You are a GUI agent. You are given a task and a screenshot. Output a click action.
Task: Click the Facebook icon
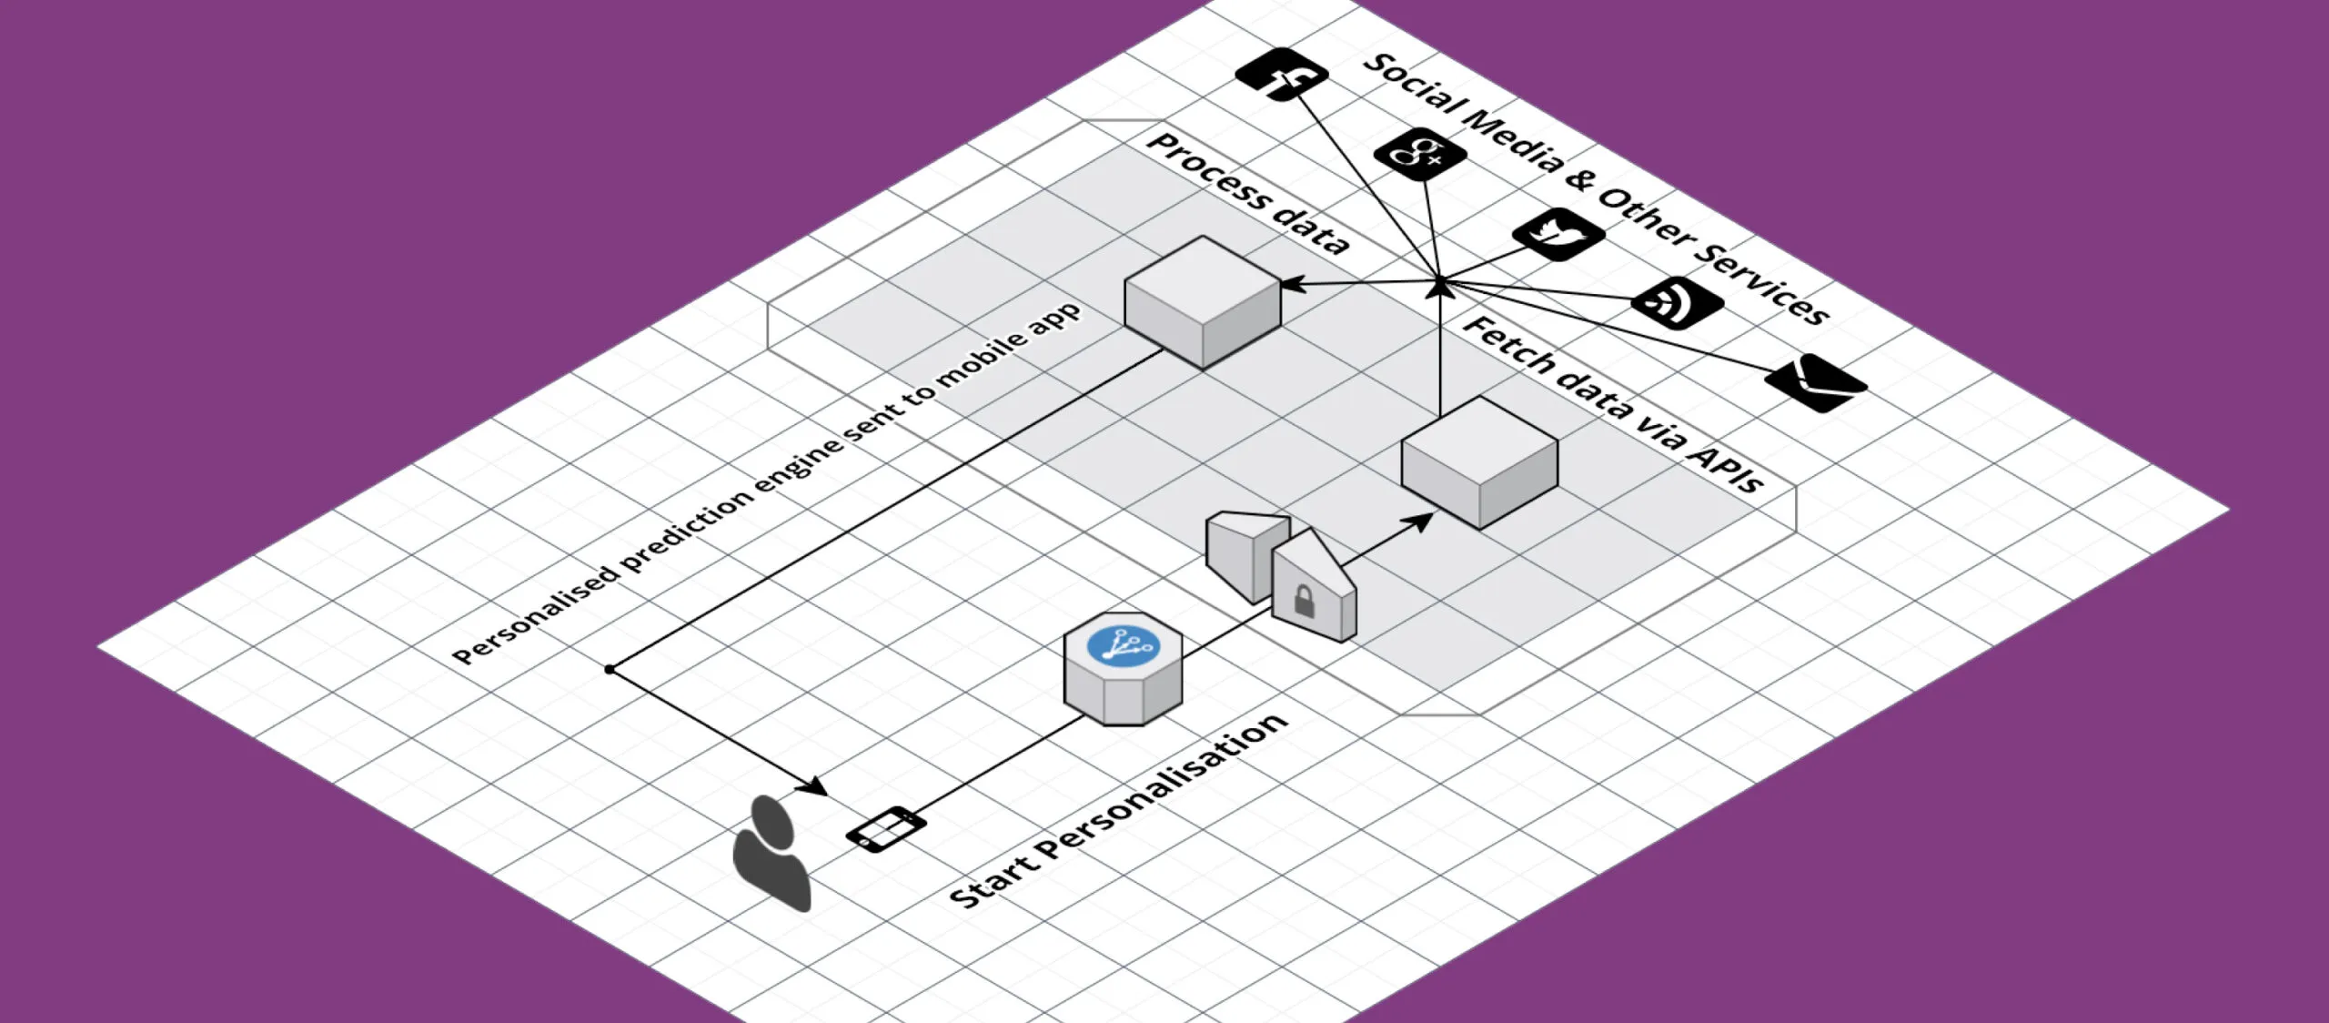(x=1282, y=75)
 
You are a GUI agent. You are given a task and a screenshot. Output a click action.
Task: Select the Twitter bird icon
(x=1558, y=234)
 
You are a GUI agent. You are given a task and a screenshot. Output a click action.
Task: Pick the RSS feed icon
(x=1678, y=302)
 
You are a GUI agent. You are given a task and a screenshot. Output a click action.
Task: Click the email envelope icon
(x=1816, y=382)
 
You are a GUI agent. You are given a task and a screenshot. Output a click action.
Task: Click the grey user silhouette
(x=771, y=852)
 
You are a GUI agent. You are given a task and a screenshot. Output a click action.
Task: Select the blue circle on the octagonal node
(x=1124, y=645)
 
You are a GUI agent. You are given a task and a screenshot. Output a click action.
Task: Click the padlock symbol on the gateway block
(x=1304, y=601)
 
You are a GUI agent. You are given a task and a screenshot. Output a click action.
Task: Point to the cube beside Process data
(x=1203, y=300)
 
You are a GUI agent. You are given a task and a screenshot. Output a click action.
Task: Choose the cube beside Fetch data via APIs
(x=1479, y=461)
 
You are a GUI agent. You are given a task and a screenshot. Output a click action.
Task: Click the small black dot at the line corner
(x=610, y=670)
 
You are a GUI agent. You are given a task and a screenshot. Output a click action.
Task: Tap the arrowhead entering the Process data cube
(x=1293, y=285)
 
